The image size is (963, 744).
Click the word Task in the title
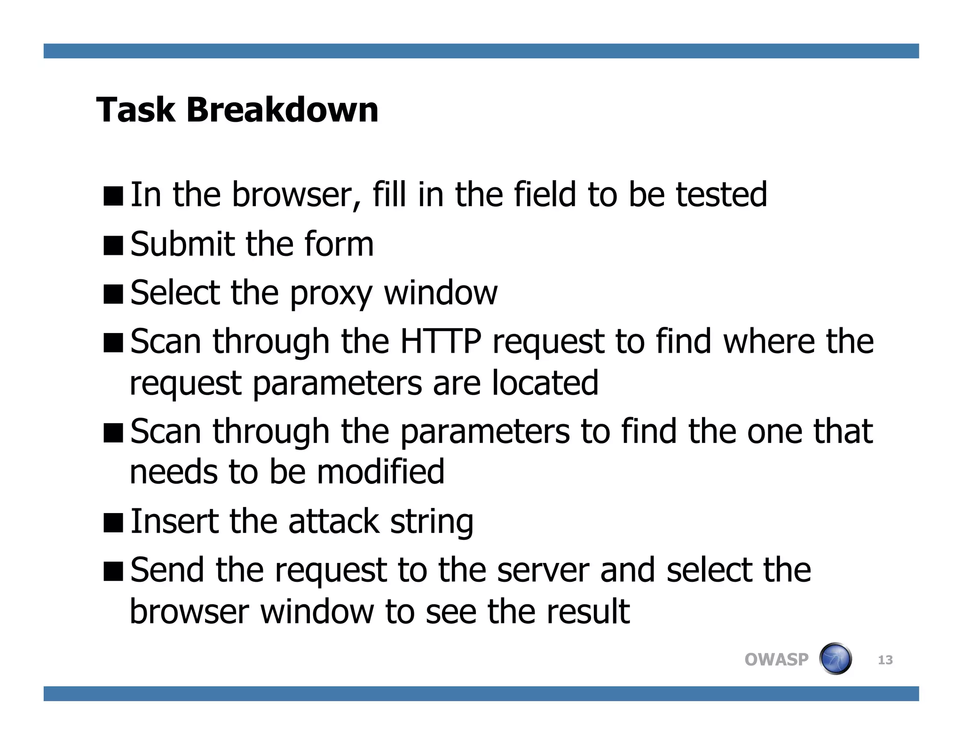click(135, 110)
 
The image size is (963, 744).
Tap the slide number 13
click(885, 660)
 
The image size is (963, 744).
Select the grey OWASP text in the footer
click(776, 659)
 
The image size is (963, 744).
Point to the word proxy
click(331, 294)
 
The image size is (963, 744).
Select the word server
click(543, 570)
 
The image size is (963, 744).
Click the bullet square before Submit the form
click(113, 245)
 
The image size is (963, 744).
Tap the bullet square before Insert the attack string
click(113, 522)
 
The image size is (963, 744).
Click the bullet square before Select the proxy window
click(113, 294)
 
